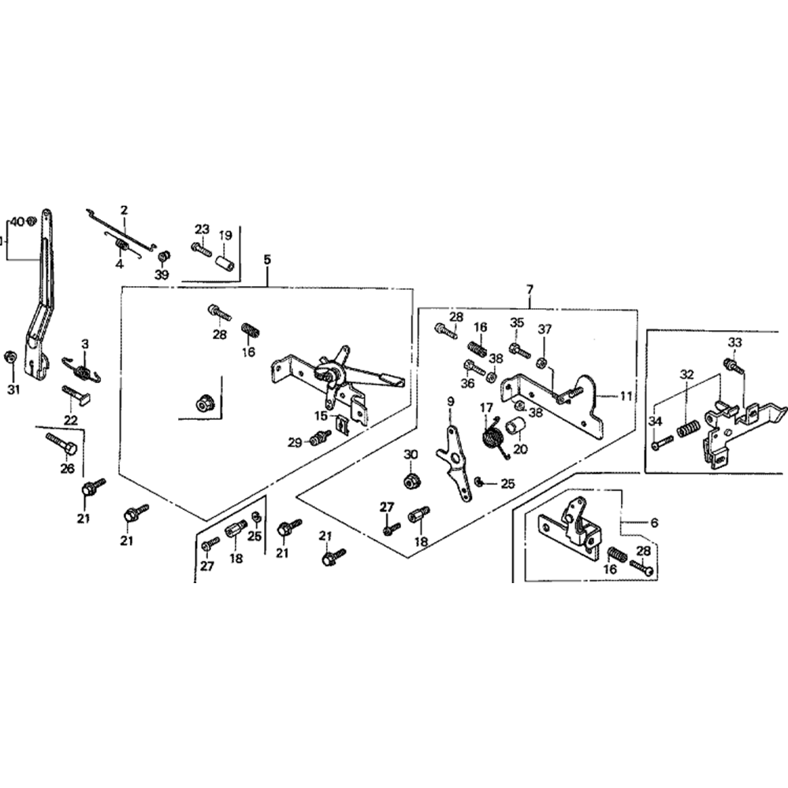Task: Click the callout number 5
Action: pos(267,259)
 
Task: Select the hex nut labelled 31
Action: pos(9,356)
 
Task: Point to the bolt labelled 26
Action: pos(61,444)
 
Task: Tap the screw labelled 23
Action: pos(201,248)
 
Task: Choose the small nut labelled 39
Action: pos(164,258)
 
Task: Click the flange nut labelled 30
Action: pos(411,480)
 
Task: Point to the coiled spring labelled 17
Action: pos(492,438)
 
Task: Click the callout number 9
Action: pos(451,403)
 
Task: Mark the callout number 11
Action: pos(625,396)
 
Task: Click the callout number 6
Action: pos(654,522)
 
